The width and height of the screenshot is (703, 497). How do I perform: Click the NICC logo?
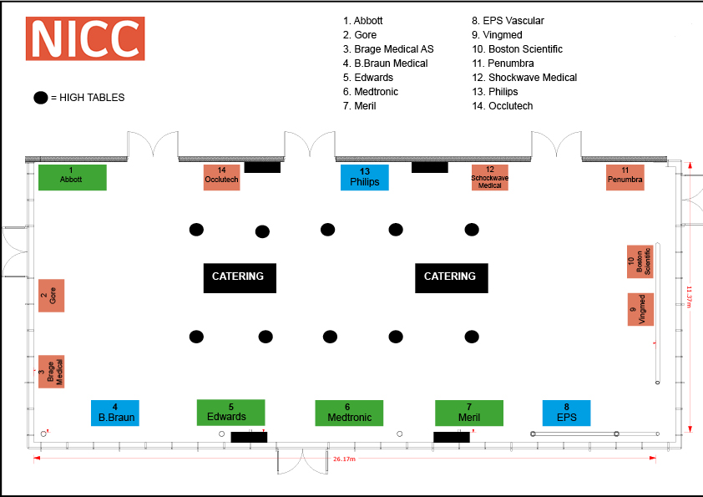pos(85,38)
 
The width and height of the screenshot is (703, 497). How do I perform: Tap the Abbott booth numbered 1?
pos(72,177)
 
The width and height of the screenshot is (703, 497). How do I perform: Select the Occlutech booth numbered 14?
pos(221,177)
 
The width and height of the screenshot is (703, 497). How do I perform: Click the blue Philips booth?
pos(365,177)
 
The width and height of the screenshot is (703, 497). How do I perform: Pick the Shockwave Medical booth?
pos(489,177)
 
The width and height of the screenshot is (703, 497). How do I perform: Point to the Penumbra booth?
pos(625,177)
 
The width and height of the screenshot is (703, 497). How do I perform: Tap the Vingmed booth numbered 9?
pos(640,309)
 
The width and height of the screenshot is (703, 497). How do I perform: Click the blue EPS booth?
pos(566,413)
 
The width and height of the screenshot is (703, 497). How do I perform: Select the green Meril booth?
pos(469,413)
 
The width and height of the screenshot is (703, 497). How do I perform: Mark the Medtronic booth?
pos(349,413)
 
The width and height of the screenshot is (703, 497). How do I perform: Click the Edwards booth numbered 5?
pos(230,412)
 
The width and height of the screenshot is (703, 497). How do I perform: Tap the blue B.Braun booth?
pos(115,413)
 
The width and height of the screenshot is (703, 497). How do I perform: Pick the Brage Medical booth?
pos(51,371)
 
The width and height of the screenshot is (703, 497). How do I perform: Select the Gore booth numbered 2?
pos(51,296)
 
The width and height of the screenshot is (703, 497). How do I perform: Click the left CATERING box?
pos(240,277)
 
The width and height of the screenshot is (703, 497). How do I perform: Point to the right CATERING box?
pos(451,277)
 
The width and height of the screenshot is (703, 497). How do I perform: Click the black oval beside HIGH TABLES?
pos(40,98)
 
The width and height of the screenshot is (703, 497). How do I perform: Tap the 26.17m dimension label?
pos(344,459)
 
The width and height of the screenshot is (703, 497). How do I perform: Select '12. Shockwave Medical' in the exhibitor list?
pos(524,78)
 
